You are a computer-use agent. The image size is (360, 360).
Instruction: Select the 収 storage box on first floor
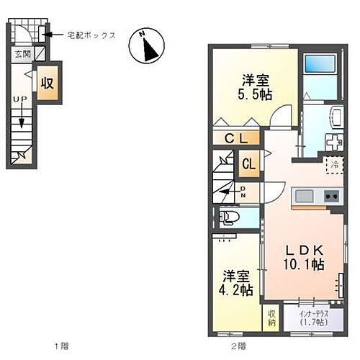(48, 81)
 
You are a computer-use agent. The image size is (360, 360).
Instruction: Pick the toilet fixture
(230, 215)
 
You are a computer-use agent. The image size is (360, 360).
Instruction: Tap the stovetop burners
(331, 194)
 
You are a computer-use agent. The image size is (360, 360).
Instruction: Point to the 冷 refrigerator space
(335, 164)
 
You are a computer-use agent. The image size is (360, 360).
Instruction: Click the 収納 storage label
(272, 318)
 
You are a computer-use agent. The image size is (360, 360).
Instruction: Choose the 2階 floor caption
(238, 346)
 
